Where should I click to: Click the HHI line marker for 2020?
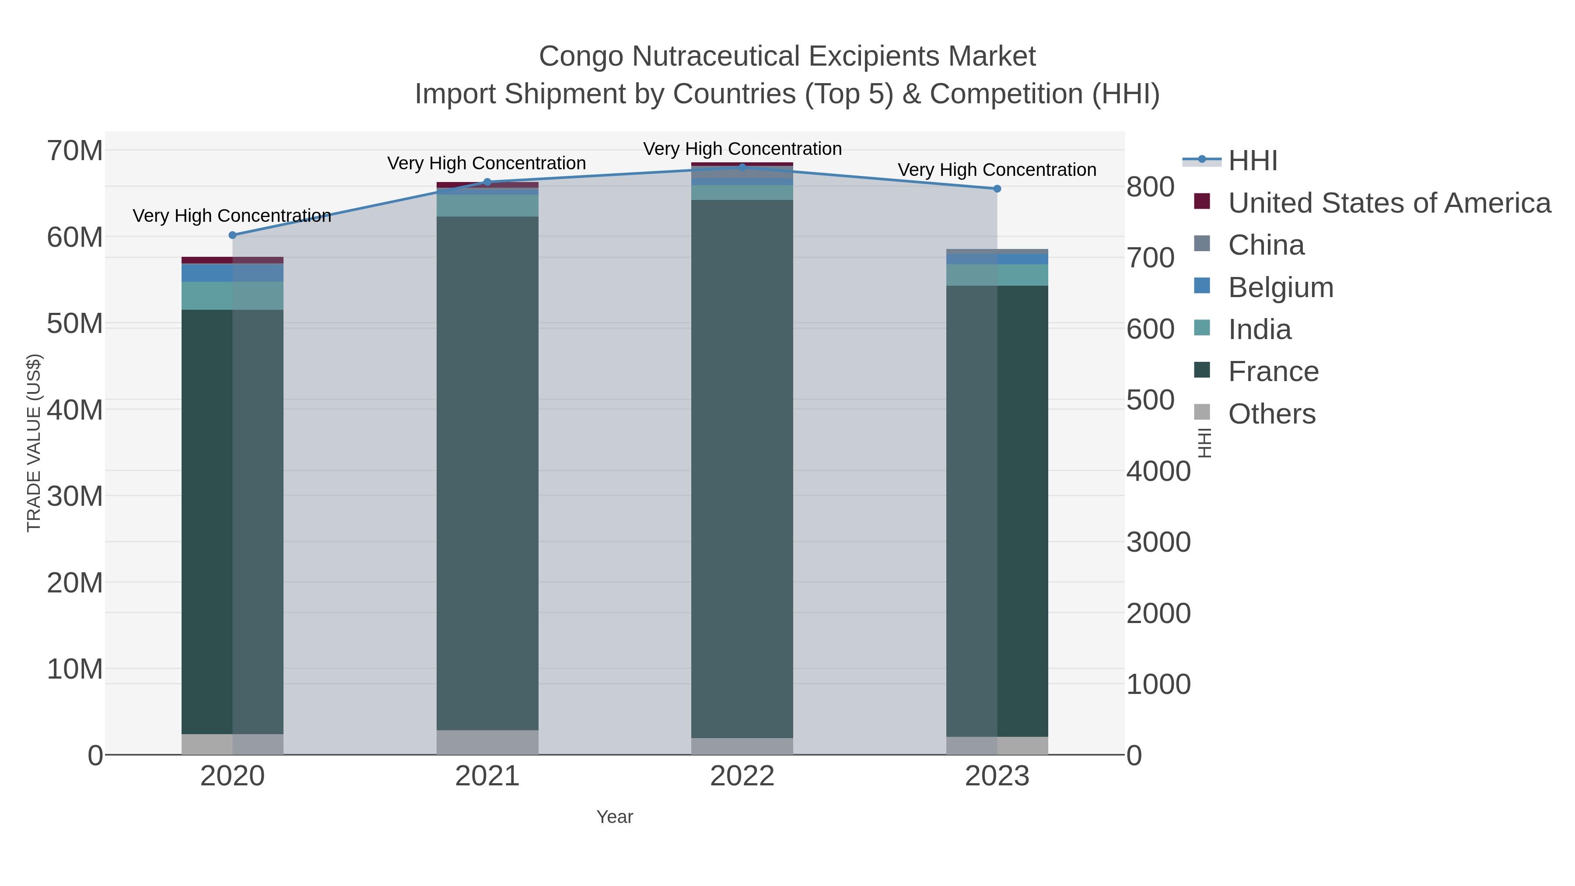coord(232,235)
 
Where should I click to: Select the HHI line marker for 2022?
coord(742,167)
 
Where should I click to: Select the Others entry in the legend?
coord(1272,414)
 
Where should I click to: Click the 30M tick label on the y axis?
coord(74,497)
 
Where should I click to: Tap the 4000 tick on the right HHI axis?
coord(1158,471)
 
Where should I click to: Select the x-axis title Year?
coord(615,817)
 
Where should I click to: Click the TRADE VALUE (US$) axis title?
coord(34,443)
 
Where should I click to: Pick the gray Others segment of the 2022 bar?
coord(742,746)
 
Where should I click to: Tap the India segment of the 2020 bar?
coord(232,296)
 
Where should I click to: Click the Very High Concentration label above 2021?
coord(486,163)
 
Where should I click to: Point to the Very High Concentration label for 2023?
coord(997,170)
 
